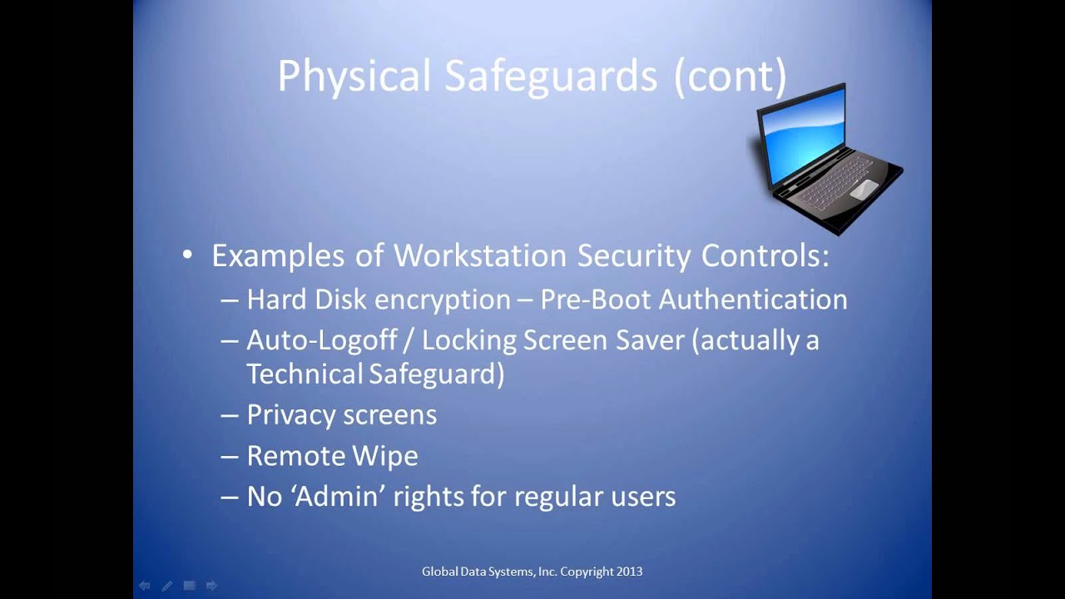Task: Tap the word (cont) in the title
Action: tap(730, 77)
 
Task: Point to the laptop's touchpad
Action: tap(863, 188)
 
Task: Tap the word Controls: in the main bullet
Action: tap(765, 255)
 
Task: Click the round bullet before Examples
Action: tap(188, 254)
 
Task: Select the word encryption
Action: tap(442, 299)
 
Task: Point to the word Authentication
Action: tap(753, 299)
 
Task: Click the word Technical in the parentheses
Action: tap(305, 374)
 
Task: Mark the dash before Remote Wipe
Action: tap(230, 456)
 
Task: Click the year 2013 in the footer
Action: tap(629, 572)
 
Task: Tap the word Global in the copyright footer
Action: tap(438, 572)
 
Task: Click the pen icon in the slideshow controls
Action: tap(166, 586)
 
